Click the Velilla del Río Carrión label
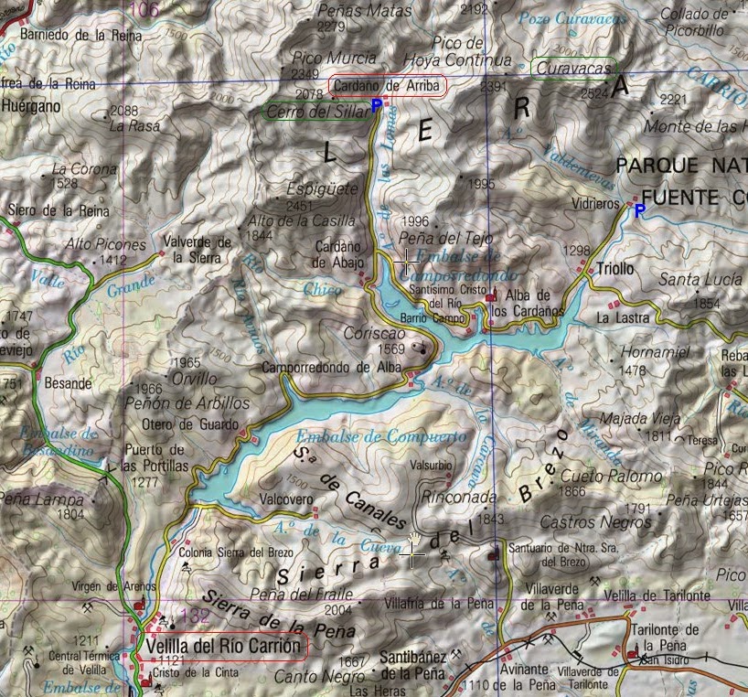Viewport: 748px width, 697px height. pyautogui.click(x=222, y=647)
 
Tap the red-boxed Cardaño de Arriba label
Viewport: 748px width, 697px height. pyautogui.click(x=388, y=86)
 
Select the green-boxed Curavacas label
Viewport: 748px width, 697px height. pyautogui.click(x=573, y=68)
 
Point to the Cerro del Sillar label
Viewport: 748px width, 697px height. pyautogui.click(x=315, y=112)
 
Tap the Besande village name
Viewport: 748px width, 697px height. pyautogui.click(x=69, y=382)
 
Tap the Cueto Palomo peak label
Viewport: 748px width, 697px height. pyautogui.click(x=598, y=476)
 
